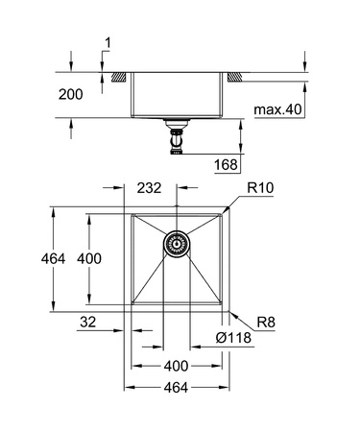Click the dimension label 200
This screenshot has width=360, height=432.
coord(85,95)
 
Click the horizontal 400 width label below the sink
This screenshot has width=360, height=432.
coord(176,367)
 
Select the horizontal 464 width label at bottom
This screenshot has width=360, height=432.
coord(176,387)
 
